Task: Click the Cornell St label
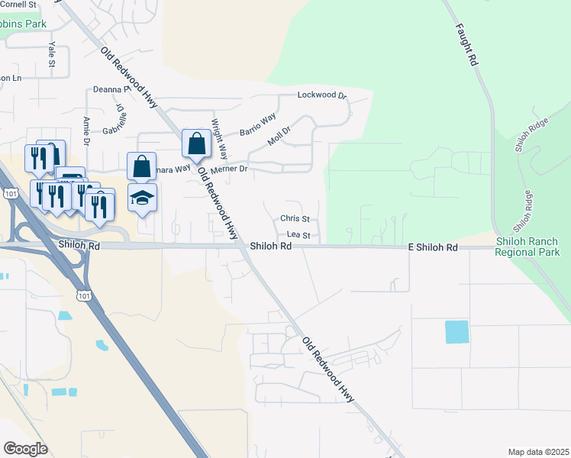18,5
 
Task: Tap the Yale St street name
52,55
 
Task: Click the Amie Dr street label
86,131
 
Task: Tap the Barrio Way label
257,124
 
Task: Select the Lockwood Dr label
321,95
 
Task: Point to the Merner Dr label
229,169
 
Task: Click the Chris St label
294,218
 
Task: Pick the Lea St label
298,236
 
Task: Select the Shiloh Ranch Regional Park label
527,247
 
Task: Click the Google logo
25,448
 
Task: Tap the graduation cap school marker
142,198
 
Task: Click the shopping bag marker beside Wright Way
197,144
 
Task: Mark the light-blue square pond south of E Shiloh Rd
456,332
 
